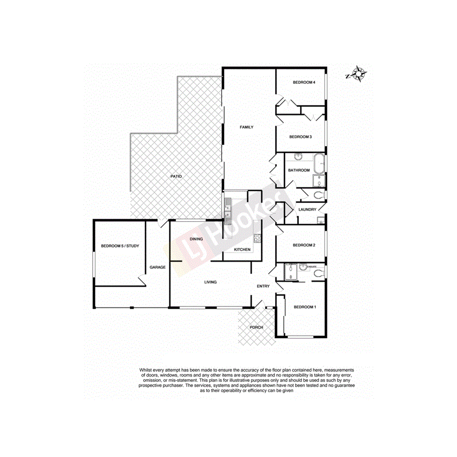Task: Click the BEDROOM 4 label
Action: coord(303,82)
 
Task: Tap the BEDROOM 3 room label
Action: coord(300,137)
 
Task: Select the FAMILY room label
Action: coord(246,127)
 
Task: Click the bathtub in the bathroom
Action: coord(319,163)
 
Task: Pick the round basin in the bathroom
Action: coord(298,157)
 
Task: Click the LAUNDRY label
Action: coord(307,210)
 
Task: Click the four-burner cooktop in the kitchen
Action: coord(257,239)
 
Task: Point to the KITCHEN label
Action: coord(242,250)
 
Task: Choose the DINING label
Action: coord(196,239)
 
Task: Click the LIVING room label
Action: coord(210,282)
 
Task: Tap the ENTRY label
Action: coord(263,286)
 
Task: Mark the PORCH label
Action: coord(256,327)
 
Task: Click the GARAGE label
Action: coord(157,267)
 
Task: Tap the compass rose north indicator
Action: coord(359,75)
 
